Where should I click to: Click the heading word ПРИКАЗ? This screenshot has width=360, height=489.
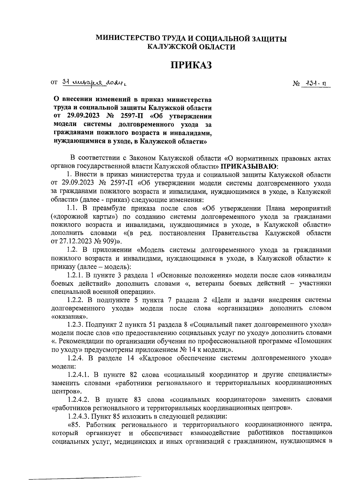(x=191, y=65)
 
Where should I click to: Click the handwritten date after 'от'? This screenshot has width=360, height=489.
(x=96, y=82)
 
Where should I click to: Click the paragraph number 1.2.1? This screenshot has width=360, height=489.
(x=75, y=275)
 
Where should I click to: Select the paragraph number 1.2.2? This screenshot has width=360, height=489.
(x=75, y=300)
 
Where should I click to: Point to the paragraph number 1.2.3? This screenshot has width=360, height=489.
(x=75, y=325)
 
